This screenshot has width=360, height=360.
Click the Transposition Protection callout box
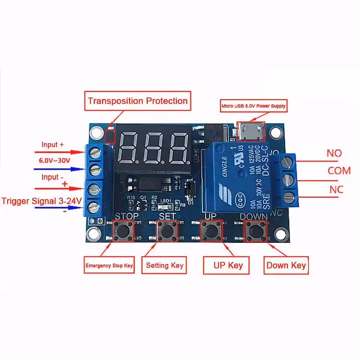(x=138, y=101)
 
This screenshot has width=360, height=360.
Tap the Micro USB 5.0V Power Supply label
(x=253, y=106)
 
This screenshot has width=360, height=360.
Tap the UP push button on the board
(x=211, y=231)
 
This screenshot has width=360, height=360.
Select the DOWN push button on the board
(x=255, y=231)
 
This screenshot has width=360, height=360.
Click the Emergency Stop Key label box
(x=109, y=265)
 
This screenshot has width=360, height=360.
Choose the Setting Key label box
(x=164, y=265)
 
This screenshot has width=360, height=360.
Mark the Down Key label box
(x=286, y=265)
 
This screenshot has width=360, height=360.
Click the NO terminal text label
(x=334, y=153)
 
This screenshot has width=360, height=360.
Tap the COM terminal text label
(x=339, y=171)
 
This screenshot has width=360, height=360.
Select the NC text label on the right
(x=336, y=190)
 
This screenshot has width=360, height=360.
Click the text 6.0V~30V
(x=54, y=160)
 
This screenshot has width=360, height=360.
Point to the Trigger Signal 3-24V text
(x=42, y=201)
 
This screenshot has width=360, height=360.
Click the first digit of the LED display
(x=128, y=147)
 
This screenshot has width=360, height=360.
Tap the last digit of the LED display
(x=179, y=147)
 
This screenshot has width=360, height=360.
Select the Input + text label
(x=52, y=145)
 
